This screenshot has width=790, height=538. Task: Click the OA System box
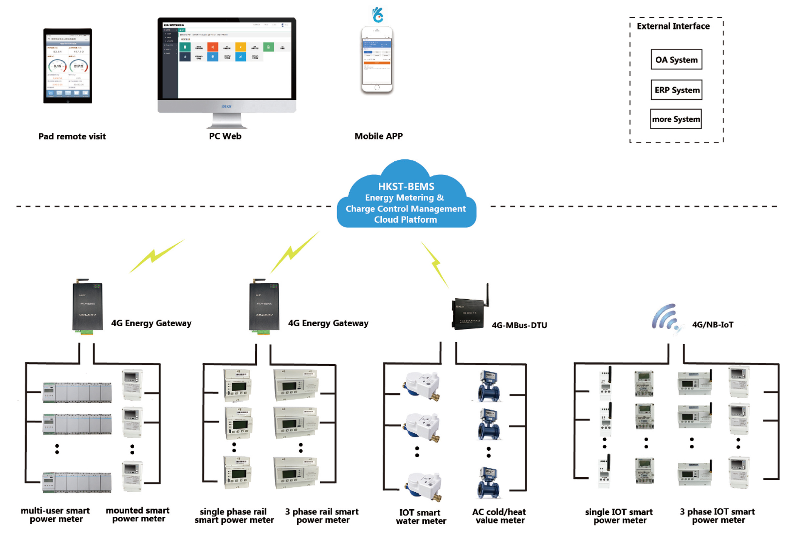676,60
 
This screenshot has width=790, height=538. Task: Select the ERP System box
676,90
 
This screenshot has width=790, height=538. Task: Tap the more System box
675,119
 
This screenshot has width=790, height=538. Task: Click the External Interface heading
673,26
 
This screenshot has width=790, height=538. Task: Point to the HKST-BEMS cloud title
406,186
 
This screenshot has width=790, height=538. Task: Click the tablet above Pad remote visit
68,66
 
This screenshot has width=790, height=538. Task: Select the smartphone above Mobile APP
377,60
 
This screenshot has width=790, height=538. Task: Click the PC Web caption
225,136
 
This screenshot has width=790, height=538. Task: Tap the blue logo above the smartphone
377,15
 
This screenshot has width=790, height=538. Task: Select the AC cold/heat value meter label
499,516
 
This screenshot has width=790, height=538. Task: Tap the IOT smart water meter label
421,516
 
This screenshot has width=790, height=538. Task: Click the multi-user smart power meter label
56,515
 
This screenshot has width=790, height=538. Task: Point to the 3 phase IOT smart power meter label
717,516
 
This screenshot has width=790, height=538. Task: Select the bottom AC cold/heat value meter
489,483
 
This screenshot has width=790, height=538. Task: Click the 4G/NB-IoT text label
713,325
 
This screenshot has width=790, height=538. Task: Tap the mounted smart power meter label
138,515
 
